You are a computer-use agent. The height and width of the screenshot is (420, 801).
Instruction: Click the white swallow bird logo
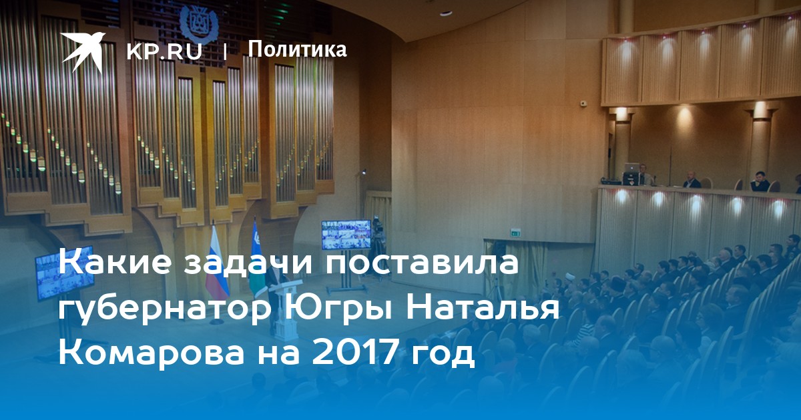click(83, 51)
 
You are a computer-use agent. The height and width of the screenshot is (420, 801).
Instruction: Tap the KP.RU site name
click(164, 51)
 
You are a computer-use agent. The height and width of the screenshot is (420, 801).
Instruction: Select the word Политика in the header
click(297, 49)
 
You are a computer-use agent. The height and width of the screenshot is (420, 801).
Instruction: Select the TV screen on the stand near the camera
click(346, 234)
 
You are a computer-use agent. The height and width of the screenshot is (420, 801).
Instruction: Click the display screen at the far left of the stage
click(65, 273)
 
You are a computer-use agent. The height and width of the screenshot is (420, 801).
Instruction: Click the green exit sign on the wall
click(515, 233)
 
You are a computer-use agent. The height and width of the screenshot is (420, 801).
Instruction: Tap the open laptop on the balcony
click(631, 168)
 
